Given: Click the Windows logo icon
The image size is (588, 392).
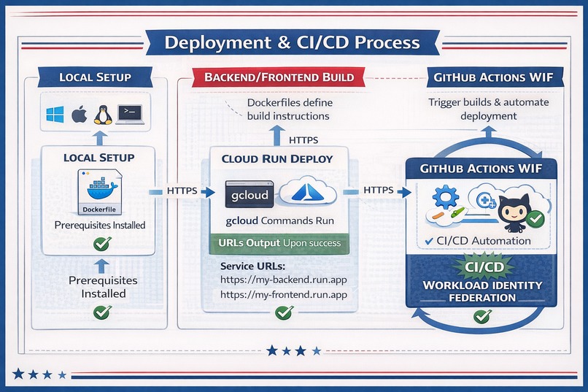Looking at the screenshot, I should [x=55, y=114].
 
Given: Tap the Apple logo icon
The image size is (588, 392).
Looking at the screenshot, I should [x=79, y=114].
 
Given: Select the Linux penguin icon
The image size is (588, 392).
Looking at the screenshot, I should [x=103, y=114].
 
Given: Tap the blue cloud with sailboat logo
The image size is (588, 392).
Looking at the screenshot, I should [x=306, y=193].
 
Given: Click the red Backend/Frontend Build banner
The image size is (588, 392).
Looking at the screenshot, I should [x=279, y=77].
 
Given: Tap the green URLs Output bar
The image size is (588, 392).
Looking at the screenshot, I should [x=279, y=243].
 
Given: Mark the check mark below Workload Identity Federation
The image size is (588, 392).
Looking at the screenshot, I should [x=481, y=316].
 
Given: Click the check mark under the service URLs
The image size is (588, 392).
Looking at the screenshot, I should [x=283, y=313].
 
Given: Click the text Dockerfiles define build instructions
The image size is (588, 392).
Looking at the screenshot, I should [x=288, y=109].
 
